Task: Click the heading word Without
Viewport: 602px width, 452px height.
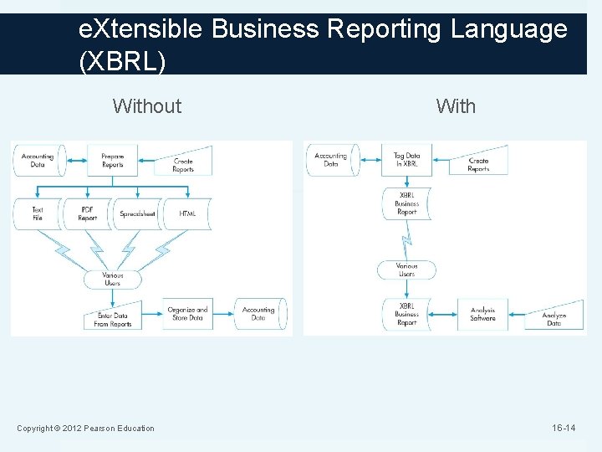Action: point(146,106)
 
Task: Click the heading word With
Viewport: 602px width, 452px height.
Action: point(456,106)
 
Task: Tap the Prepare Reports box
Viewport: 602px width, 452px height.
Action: point(112,160)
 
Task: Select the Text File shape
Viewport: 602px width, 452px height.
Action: point(38,213)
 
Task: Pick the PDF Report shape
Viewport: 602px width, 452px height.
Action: point(88,213)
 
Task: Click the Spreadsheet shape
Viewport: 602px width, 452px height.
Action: point(136,213)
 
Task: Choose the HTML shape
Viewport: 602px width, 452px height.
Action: point(187,213)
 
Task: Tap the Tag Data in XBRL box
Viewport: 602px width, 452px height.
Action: point(406,160)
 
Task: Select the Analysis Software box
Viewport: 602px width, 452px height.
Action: point(482,314)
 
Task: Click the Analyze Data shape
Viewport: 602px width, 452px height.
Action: point(554,319)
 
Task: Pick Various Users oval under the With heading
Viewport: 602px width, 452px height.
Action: point(406,270)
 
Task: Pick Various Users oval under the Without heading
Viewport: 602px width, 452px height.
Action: point(112,279)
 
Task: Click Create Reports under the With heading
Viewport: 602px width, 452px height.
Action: point(478,164)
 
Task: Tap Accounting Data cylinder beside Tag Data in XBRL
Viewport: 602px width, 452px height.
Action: point(331,160)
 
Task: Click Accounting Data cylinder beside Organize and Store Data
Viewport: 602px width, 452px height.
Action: point(258,314)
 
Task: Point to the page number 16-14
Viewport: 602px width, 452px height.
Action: point(563,429)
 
